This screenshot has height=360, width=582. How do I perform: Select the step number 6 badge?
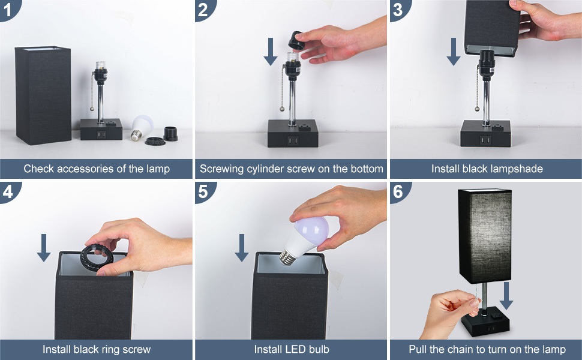coord(398,191)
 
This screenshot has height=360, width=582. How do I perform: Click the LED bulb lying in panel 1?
coord(142,128)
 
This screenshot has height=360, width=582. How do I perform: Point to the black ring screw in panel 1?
coord(155,141)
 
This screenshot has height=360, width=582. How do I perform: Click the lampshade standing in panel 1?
coord(43,95)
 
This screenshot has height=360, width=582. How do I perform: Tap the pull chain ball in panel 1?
coord(92,109)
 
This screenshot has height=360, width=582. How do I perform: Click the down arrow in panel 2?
coord(271,51)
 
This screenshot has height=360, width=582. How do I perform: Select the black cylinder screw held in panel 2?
coord(296,41)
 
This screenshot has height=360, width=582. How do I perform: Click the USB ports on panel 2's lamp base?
coord(292,141)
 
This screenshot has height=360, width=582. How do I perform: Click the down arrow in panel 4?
coord(44,248)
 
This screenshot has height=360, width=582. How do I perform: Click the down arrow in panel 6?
coord(506,296)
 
